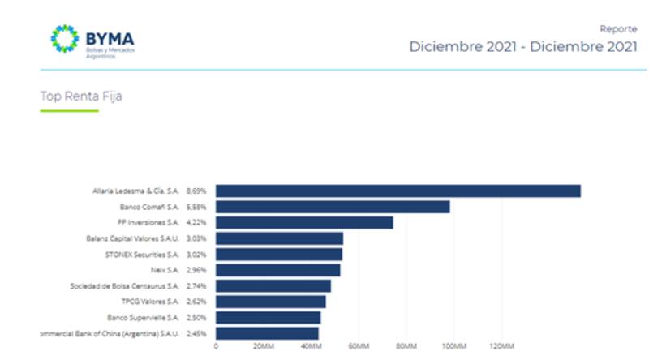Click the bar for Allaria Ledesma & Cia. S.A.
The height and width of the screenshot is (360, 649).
(x=398, y=191)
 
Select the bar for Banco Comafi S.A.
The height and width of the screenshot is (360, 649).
(x=333, y=207)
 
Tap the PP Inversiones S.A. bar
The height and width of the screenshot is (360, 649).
(x=304, y=223)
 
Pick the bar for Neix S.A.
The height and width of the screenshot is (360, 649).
(x=277, y=270)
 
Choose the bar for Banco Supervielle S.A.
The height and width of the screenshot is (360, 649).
(x=268, y=317)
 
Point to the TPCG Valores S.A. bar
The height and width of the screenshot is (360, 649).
(x=270, y=302)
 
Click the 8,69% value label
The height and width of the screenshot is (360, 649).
(x=196, y=191)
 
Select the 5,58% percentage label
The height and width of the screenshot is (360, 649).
(x=196, y=207)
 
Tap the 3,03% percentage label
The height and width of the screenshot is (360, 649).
(x=196, y=238)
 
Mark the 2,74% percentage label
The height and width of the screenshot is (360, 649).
(x=196, y=286)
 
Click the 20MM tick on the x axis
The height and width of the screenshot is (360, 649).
(x=264, y=347)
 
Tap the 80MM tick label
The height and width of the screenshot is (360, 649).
(x=406, y=347)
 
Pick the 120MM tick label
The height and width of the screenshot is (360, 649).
(x=502, y=347)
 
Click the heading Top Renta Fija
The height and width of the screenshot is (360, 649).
(x=81, y=97)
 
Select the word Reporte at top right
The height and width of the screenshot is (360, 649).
(x=618, y=28)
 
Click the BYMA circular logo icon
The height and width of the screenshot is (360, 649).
(x=65, y=39)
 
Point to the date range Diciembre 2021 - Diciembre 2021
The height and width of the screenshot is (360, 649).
(x=522, y=47)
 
